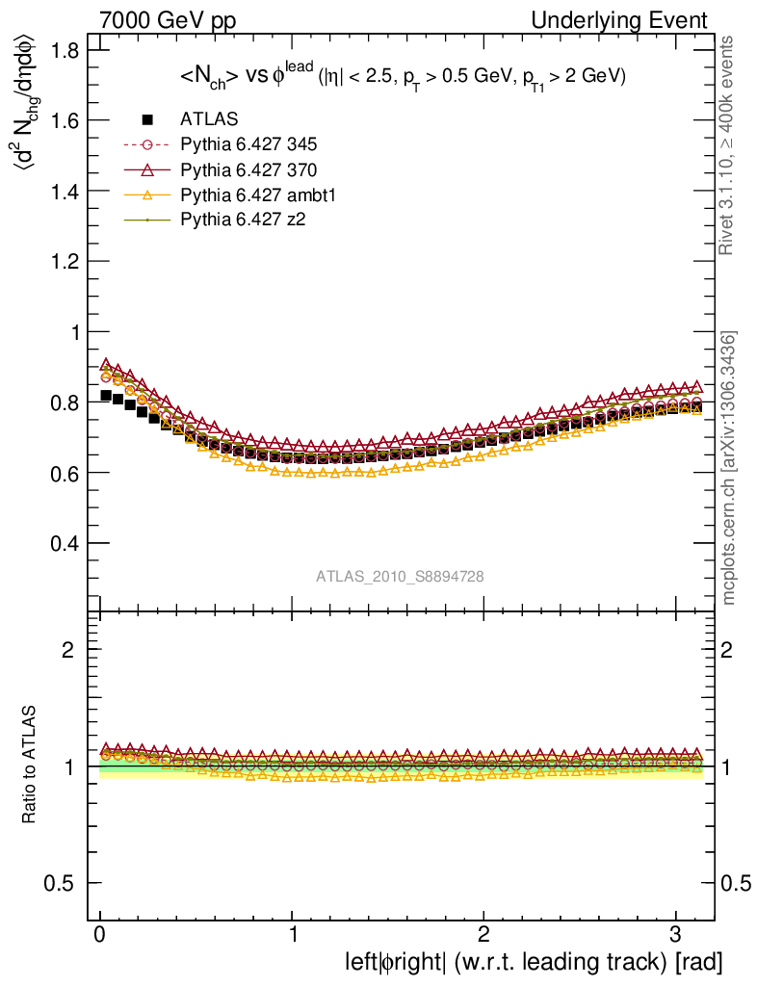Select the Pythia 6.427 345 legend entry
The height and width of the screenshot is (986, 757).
(x=248, y=144)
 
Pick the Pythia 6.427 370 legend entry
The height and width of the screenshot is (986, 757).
(x=248, y=169)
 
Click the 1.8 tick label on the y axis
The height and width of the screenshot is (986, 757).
(x=65, y=50)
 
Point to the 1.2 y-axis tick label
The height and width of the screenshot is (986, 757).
(x=65, y=261)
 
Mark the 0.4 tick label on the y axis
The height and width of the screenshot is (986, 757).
(x=65, y=543)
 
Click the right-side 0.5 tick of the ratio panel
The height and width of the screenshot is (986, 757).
(x=736, y=883)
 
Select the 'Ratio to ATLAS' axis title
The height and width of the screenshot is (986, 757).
(x=29, y=765)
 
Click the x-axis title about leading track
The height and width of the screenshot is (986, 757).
(x=534, y=962)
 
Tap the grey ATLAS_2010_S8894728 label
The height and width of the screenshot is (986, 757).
(x=400, y=576)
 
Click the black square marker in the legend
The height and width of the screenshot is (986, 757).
(x=147, y=119)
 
